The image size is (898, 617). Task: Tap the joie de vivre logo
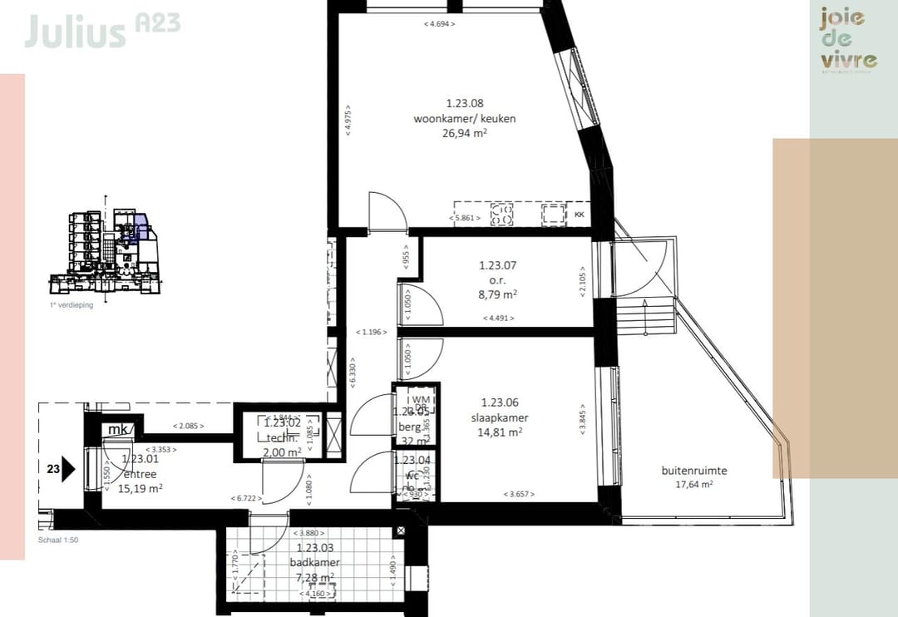(848, 39)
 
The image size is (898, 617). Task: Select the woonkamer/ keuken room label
(465, 119)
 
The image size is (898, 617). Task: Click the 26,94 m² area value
(465, 132)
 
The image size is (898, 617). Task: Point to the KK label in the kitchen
(580, 215)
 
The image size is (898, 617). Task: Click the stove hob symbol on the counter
(502, 215)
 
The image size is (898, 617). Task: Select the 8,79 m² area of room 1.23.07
(498, 294)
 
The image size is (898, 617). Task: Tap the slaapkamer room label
(499, 418)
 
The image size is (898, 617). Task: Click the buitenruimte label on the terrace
(693, 471)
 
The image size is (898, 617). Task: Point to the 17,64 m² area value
(693, 484)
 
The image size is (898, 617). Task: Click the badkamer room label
(316, 563)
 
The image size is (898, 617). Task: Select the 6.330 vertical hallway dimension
(352, 373)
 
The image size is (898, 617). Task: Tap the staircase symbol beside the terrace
(644, 318)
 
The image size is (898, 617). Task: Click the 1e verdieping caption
(71, 305)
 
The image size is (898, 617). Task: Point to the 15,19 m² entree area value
(140, 488)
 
